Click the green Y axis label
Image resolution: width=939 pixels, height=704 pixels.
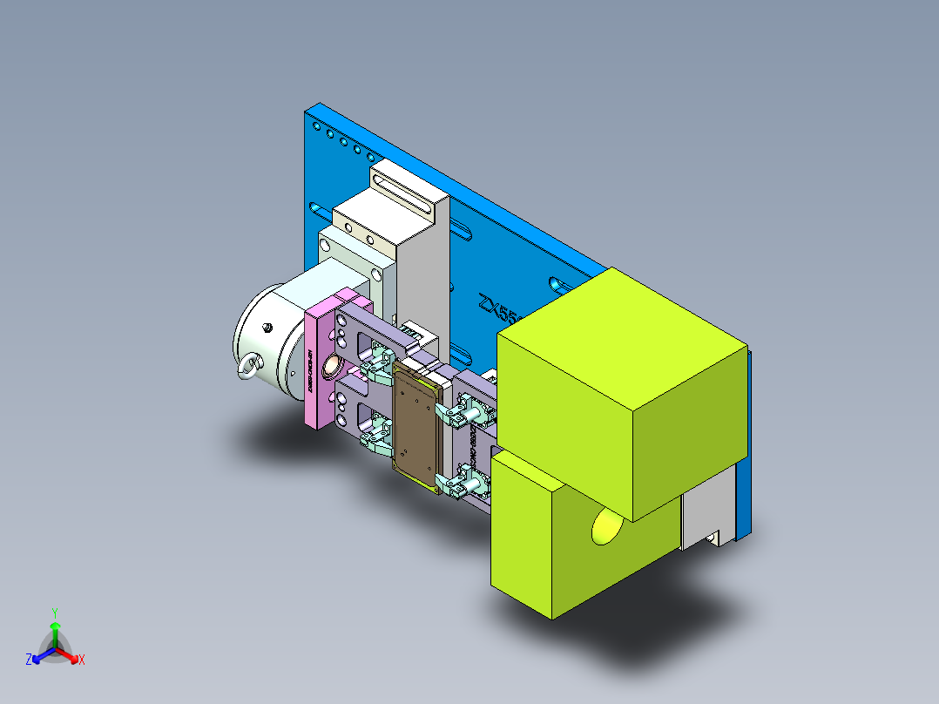point(54,612)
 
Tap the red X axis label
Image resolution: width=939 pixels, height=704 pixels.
point(81,660)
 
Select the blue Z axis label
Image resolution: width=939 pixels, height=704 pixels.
point(29,660)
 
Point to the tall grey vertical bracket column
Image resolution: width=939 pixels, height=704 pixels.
point(423,279)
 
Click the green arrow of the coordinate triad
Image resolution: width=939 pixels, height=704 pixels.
point(54,632)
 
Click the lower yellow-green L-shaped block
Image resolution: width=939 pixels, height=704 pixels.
point(557,549)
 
